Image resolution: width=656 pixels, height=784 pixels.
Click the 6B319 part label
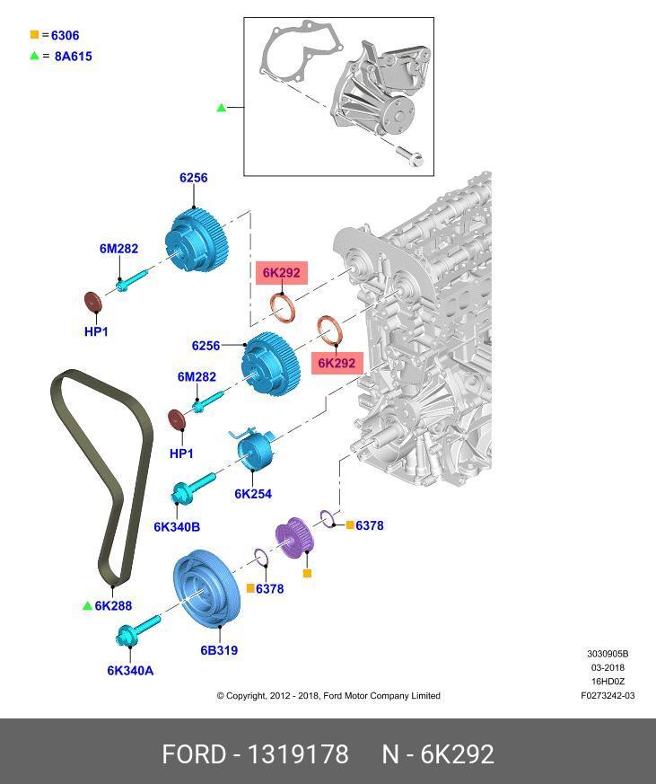218,650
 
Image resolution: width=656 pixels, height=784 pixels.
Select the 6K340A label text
130,670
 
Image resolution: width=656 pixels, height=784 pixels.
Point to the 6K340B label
176,526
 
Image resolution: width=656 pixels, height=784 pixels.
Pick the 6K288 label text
113,606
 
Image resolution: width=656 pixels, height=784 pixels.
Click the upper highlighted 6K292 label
282,272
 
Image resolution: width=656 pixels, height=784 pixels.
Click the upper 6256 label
193,178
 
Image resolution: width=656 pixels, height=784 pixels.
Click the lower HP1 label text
181,454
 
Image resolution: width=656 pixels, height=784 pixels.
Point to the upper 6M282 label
118,249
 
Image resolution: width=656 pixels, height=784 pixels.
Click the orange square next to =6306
35,35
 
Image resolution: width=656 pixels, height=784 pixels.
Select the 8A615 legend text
73,56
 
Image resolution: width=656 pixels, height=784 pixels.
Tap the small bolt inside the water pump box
412,159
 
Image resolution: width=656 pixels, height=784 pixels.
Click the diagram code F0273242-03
608,695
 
